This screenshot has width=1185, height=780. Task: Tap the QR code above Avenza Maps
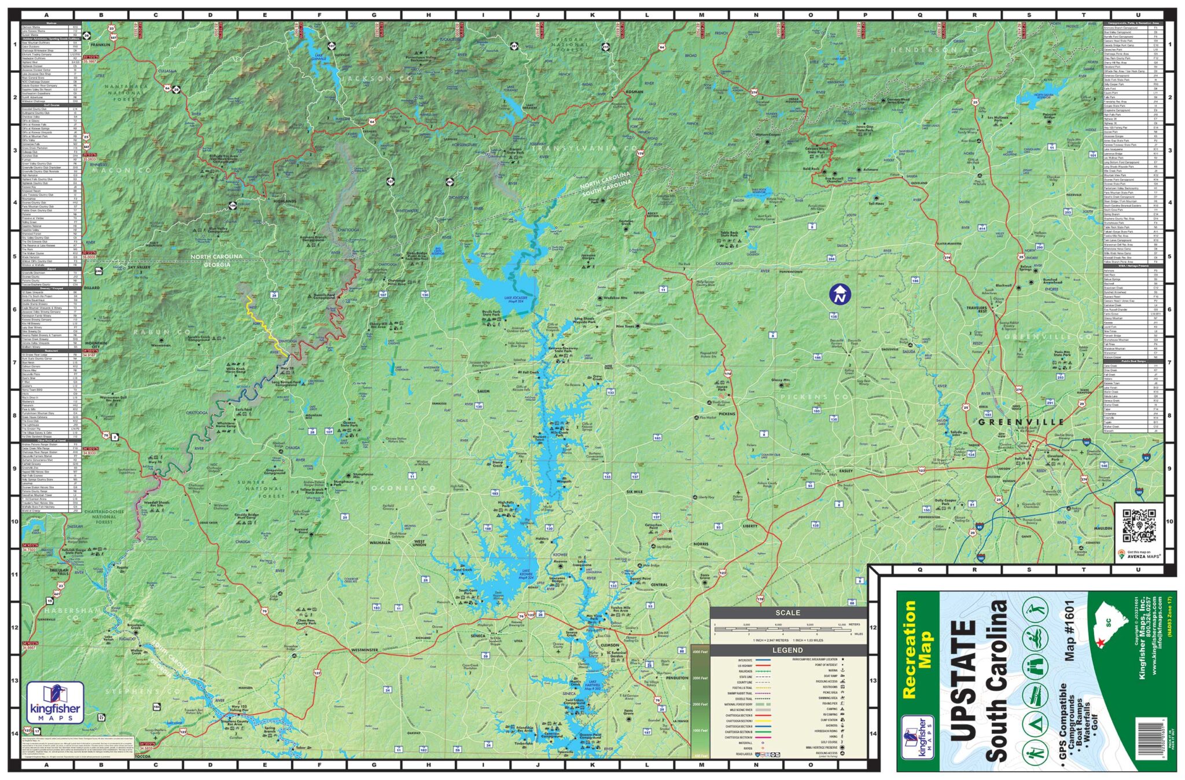pyautogui.click(x=1139, y=526)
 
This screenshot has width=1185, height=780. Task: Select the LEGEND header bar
pyautogui.click(x=787, y=650)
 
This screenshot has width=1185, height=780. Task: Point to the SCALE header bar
pyautogui.click(x=787, y=613)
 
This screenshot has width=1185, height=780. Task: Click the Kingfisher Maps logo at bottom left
pyautogui.click(x=55, y=702)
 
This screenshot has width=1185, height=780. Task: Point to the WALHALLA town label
pyautogui.click(x=380, y=543)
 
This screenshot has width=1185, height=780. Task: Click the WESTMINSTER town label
pyautogui.click(x=364, y=650)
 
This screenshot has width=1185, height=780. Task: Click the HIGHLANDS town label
pyautogui.click(x=285, y=201)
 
